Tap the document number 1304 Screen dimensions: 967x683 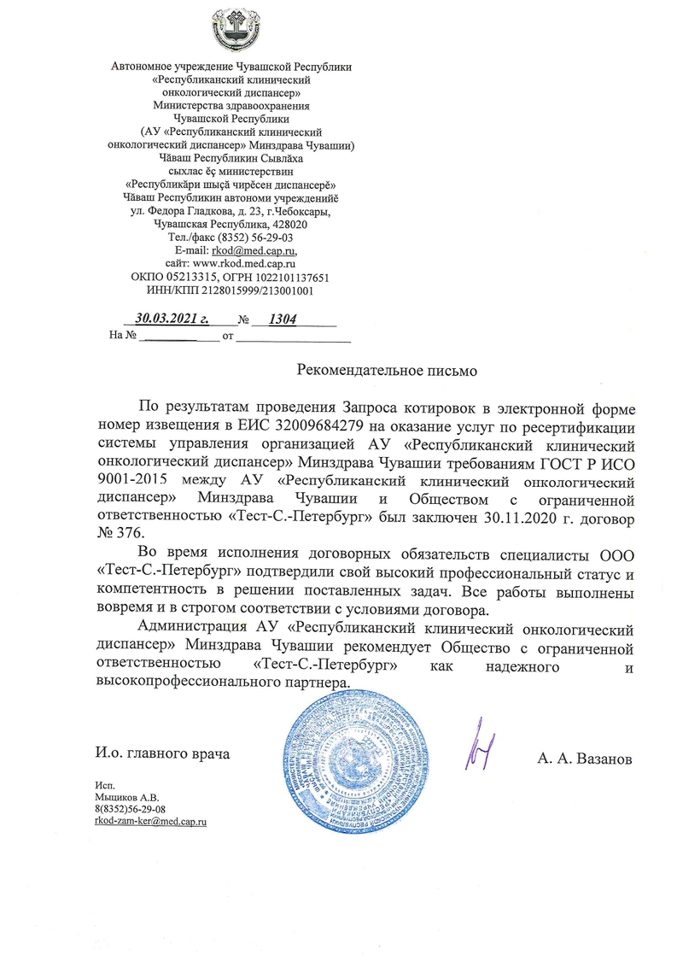tap(282, 319)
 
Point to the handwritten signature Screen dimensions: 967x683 tap(480, 750)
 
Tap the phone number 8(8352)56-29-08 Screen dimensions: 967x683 tap(130, 807)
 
